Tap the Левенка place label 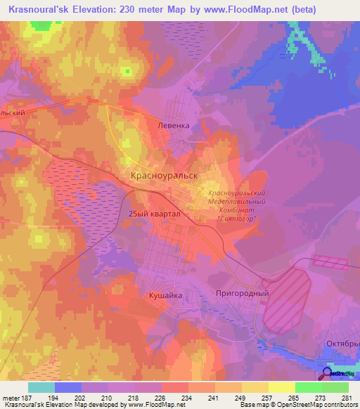[x=173, y=126]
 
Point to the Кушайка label [x=166, y=296]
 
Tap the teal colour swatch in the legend [x=41, y=387]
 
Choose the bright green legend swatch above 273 [x=309, y=387]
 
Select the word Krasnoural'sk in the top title [x=39, y=10]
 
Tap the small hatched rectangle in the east [x=330, y=264]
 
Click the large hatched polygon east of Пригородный [x=286, y=300]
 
